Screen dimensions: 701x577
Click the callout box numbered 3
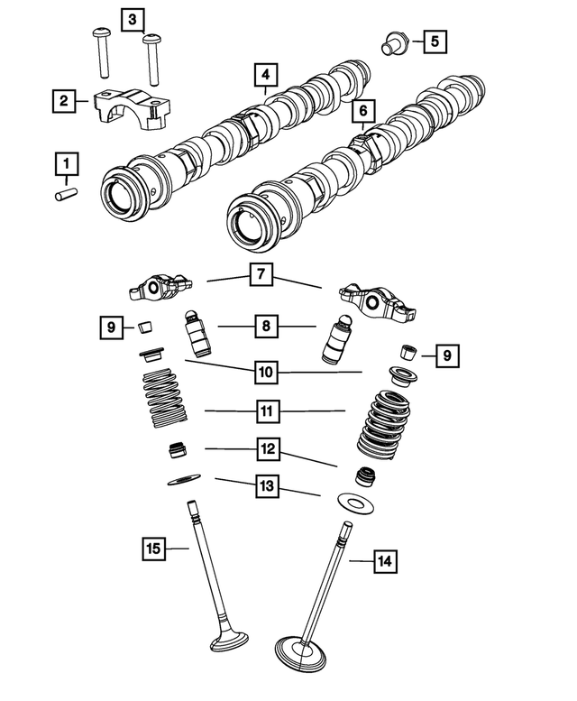[x=132, y=19]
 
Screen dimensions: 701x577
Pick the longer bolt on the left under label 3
[x=99, y=52]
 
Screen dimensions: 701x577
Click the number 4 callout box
[x=265, y=74]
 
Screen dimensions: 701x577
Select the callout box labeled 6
[x=362, y=111]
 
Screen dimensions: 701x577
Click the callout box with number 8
[x=265, y=327]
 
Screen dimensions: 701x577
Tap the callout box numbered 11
[x=265, y=412]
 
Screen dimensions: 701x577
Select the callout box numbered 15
[x=154, y=547]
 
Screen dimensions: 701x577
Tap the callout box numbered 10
[x=265, y=371]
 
